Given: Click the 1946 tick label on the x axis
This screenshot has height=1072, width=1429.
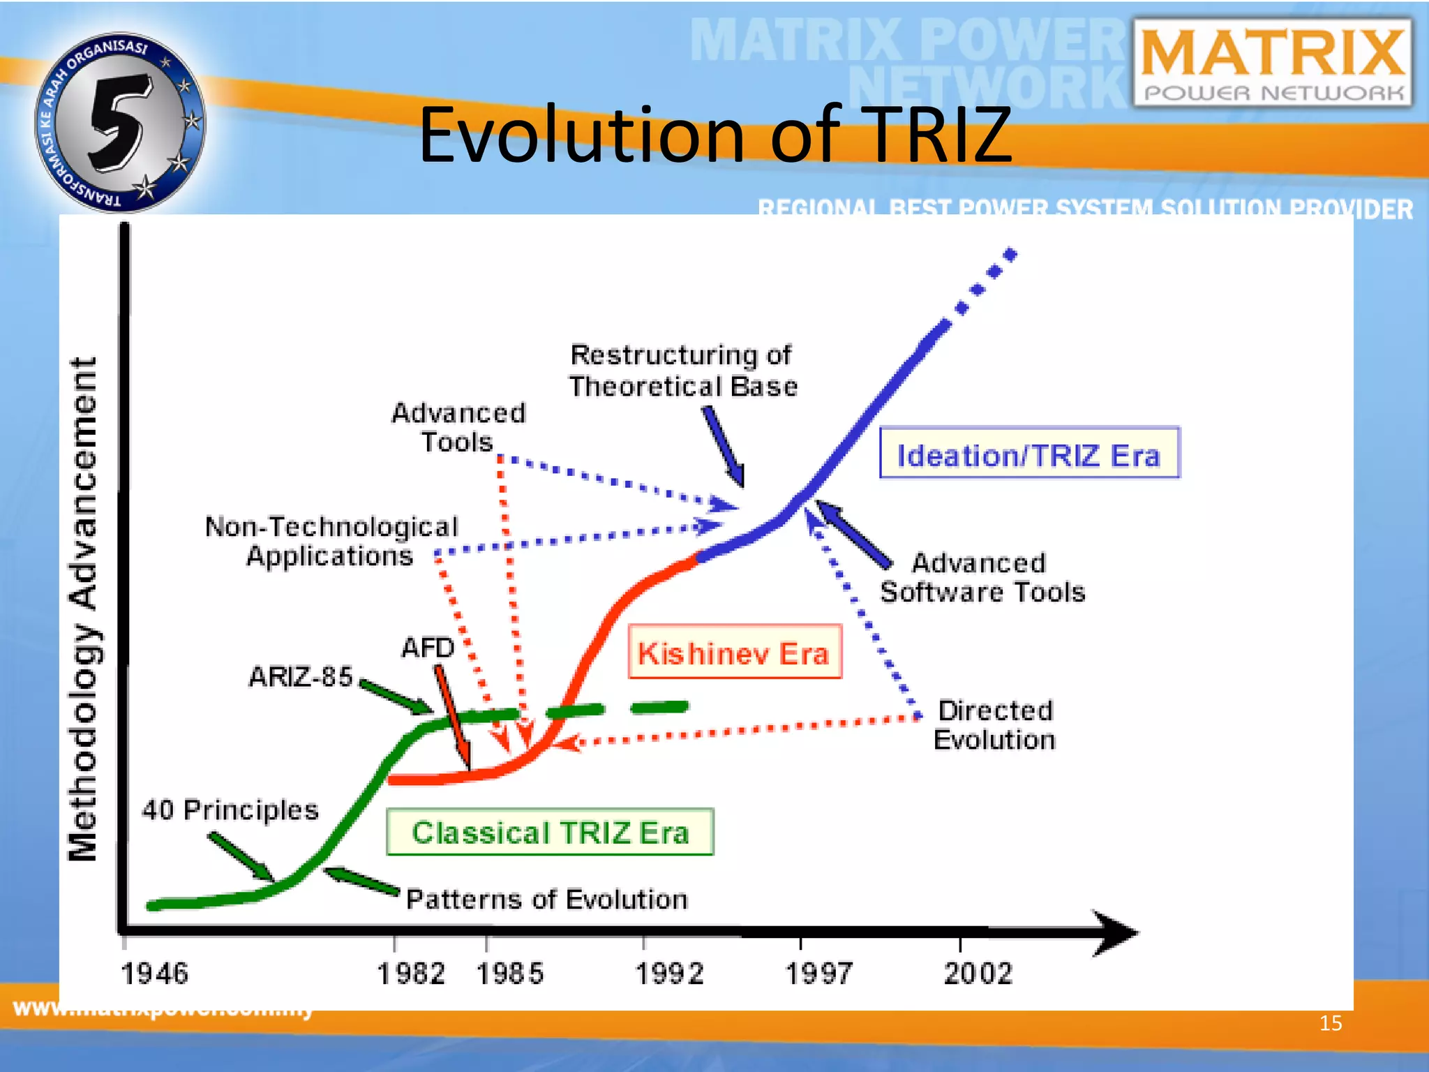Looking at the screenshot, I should [x=155, y=973].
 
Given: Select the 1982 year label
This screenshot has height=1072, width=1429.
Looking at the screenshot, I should [x=411, y=973].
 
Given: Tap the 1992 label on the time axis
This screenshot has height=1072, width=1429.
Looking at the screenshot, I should [x=669, y=973].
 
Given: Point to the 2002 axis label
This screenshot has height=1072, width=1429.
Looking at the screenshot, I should [x=978, y=973].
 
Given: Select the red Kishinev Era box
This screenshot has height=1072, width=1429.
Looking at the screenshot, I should [x=734, y=652].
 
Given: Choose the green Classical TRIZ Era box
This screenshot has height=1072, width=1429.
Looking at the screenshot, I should [x=550, y=832].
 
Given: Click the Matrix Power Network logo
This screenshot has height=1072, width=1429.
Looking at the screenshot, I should [x=1273, y=63].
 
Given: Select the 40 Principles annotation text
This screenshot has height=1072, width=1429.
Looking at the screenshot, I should [x=230, y=810].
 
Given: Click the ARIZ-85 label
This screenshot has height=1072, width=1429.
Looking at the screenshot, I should [x=301, y=676].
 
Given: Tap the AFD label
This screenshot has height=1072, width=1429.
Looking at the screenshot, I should [x=427, y=648].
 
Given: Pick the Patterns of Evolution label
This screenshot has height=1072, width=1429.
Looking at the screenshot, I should [x=547, y=899].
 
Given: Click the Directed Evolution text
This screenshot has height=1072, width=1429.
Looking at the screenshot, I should [x=994, y=724].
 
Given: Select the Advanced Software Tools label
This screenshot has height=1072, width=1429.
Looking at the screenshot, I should [x=982, y=577].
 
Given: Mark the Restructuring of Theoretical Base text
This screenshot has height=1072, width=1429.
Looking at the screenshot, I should [x=682, y=371].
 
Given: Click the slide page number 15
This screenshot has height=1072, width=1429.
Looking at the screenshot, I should [x=1330, y=1023].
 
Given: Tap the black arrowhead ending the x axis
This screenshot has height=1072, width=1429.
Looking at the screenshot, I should [x=1116, y=932].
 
